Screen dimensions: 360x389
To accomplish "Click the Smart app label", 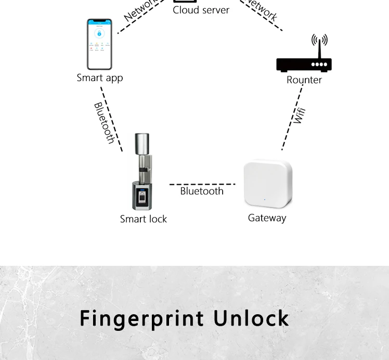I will [99, 78].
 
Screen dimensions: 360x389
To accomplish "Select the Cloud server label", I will [201, 10].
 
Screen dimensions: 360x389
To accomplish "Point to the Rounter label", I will [304, 80].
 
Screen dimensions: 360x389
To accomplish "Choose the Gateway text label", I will [267, 218].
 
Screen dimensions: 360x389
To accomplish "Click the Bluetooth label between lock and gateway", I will [202, 191].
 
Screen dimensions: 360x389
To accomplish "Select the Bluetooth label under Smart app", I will [104, 123].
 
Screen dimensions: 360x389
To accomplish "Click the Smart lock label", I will [144, 219].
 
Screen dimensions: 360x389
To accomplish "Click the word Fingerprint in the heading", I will [139, 318].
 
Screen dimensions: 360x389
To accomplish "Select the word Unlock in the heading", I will [251, 318].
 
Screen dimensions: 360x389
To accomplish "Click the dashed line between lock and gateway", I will [202, 184].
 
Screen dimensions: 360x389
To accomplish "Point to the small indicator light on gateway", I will [264, 199].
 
